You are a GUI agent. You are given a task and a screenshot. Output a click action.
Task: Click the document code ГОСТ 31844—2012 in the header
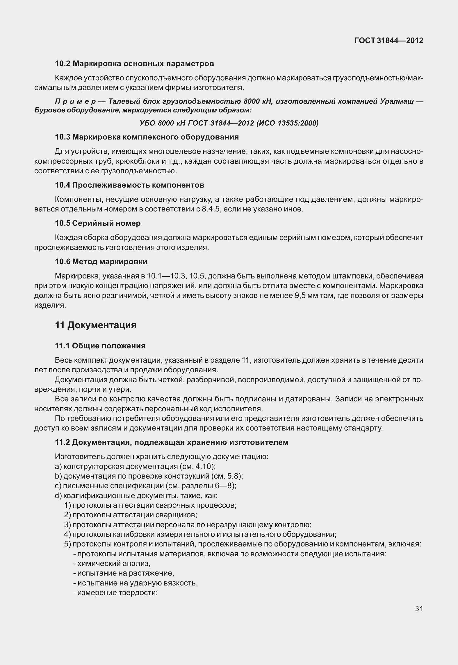pyautogui.click(x=389, y=40)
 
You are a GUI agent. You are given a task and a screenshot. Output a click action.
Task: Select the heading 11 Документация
pyautogui.click(x=96, y=325)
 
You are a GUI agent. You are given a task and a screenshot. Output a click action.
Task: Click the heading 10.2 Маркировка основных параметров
pyautogui.click(x=134, y=63)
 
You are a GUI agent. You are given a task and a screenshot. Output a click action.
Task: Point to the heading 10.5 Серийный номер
pyautogui.click(x=98, y=223)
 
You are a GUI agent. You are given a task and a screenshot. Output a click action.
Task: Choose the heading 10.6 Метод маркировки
pyautogui.click(x=101, y=262)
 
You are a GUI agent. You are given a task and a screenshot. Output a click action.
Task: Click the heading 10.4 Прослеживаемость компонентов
pyautogui.click(x=129, y=185)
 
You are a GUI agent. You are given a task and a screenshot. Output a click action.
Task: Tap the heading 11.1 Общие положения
pyautogui.click(x=100, y=346)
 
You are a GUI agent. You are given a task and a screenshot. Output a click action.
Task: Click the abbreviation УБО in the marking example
pyautogui.click(x=147, y=124)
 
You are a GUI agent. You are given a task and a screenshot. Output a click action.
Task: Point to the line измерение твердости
pyautogui.click(x=115, y=592)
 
